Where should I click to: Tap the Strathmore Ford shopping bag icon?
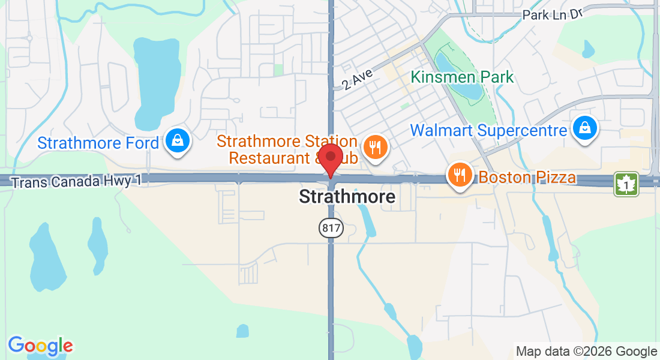[x=178, y=142]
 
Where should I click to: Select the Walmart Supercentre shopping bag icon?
[x=583, y=128]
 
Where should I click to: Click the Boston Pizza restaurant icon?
[x=460, y=175]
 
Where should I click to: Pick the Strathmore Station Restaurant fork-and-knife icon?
[x=376, y=146]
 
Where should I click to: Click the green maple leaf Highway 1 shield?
[x=626, y=184]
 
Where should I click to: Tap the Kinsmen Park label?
[x=462, y=77]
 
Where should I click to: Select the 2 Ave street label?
[x=358, y=79]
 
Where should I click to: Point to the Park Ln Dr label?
[x=552, y=14]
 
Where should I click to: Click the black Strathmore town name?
[x=347, y=196]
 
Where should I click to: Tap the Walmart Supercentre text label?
[x=488, y=130]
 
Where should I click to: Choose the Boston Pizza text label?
[x=527, y=178]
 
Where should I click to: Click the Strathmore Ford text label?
[x=98, y=143]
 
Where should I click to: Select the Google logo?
[x=40, y=345]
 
